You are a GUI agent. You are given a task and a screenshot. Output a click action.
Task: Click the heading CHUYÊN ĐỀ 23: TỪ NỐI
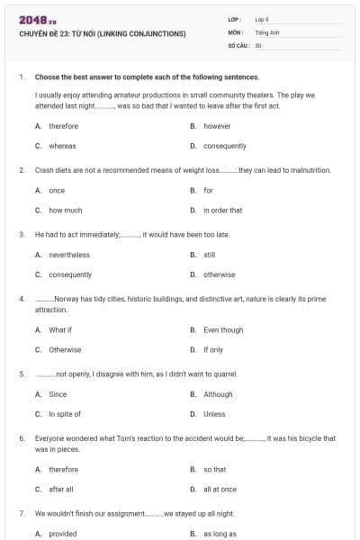[x=102, y=34]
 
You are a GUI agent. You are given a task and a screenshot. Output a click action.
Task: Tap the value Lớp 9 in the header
[x=262, y=19]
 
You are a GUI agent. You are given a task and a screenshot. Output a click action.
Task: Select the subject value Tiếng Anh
[x=265, y=31]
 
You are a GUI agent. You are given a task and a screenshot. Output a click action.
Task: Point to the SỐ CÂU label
[x=238, y=44]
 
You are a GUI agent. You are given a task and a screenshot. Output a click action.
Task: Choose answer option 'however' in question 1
[x=217, y=126]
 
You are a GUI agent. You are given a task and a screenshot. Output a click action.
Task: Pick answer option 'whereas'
[x=62, y=146]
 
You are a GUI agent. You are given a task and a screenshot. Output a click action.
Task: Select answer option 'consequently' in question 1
[x=225, y=146]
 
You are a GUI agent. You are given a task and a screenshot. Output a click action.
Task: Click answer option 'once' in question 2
[x=57, y=190]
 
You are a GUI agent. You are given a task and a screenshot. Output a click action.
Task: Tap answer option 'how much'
[x=65, y=210]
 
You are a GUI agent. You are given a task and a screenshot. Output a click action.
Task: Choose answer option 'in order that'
[x=222, y=210]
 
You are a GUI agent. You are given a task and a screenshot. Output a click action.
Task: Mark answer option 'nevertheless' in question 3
[x=68, y=255]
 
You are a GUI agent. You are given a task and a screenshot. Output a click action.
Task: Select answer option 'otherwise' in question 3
[x=219, y=274]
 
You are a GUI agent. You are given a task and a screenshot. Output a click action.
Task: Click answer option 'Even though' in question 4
[x=223, y=330]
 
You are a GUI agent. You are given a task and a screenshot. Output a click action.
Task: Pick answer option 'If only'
[x=213, y=349]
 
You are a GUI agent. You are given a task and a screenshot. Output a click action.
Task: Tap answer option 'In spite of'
[x=65, y=414]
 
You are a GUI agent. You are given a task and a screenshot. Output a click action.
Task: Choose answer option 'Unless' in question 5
[x=214, y=414]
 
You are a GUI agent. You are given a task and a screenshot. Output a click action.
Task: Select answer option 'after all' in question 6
[x=61, y=489]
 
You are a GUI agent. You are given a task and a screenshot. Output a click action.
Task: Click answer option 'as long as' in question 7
[x=219, y=534]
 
